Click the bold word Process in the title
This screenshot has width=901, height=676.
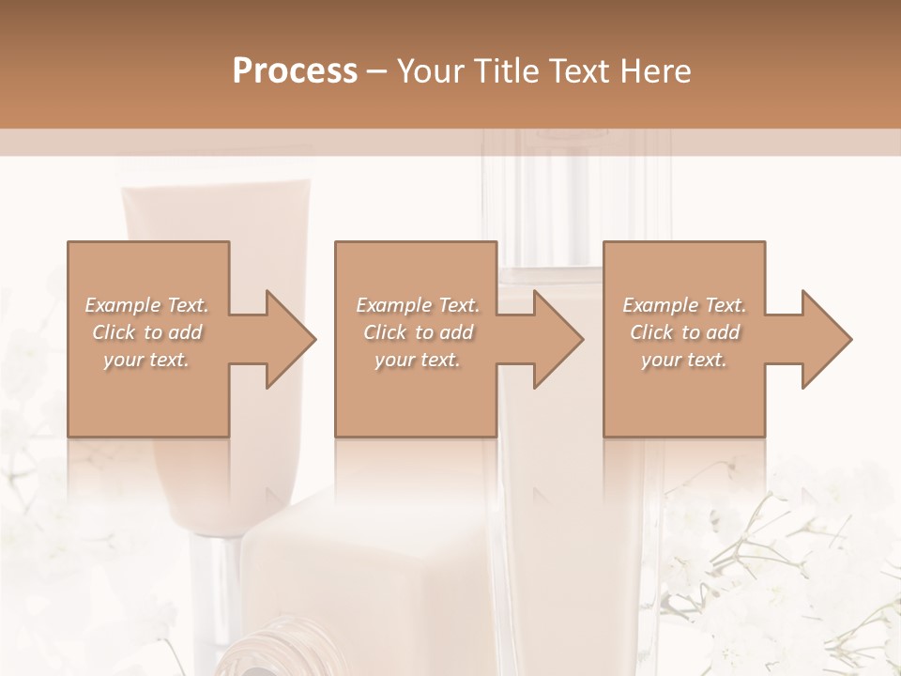[295, 71]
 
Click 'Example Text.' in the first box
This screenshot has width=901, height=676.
[146, 305]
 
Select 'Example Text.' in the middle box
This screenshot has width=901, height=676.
[418, 305]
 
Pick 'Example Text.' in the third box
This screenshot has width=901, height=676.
[684, 305]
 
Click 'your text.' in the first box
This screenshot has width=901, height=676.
[146, 360]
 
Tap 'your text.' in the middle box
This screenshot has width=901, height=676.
[418, 360]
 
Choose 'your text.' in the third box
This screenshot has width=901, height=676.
[684, 360]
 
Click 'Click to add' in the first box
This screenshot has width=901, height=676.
[146, 332]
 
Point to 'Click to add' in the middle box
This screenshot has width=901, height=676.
[418, 332]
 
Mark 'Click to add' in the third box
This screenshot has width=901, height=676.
[684, 332]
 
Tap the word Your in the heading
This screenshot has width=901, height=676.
[429, 71]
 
